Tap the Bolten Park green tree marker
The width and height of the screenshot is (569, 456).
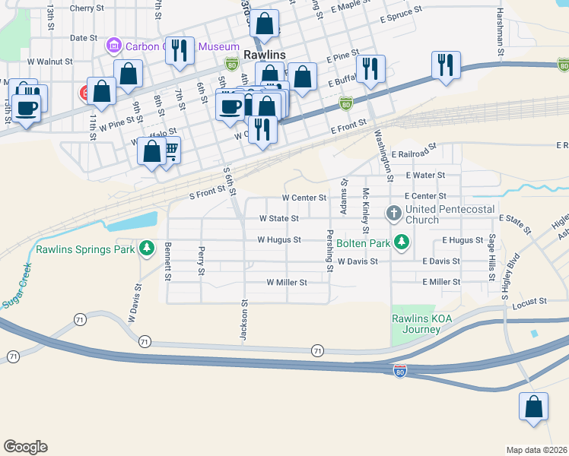tap(402, 243)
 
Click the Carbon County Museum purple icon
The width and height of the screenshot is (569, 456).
tap(114, 46)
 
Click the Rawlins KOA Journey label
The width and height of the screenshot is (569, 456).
tap(416, 324)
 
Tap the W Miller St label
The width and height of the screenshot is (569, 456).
tap(286, 282)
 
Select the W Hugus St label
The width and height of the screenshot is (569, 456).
tap(279, 239)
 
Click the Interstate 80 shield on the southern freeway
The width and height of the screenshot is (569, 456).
tap(400, 370)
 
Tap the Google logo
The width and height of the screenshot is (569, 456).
tap(25, 447)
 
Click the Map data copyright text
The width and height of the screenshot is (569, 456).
tap(536, 450)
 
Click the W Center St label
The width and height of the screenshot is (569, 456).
tap(304, 197)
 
